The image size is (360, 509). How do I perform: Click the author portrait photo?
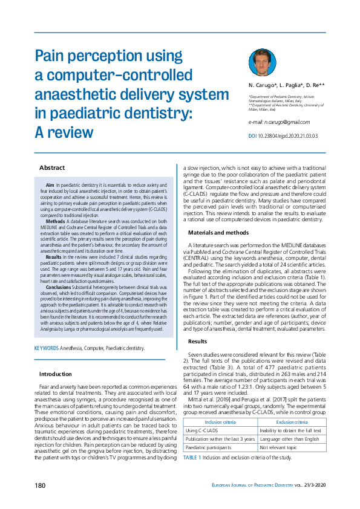(x=262, y=62)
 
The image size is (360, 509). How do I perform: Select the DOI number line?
(x=282, y=136)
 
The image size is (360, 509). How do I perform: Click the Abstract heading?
(x=52, y=167)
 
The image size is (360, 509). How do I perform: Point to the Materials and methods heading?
(x=218, y=232)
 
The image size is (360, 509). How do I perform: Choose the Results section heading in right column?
(x=201, y=341)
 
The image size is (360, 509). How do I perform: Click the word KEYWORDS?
(x=46, y=348)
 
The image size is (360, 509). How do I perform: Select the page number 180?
(x=40, y=485)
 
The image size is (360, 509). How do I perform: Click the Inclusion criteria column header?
(x=220, y=405)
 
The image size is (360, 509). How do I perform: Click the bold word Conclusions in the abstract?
(x=58, y=285)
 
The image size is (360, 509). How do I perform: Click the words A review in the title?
(x=64, y=132)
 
